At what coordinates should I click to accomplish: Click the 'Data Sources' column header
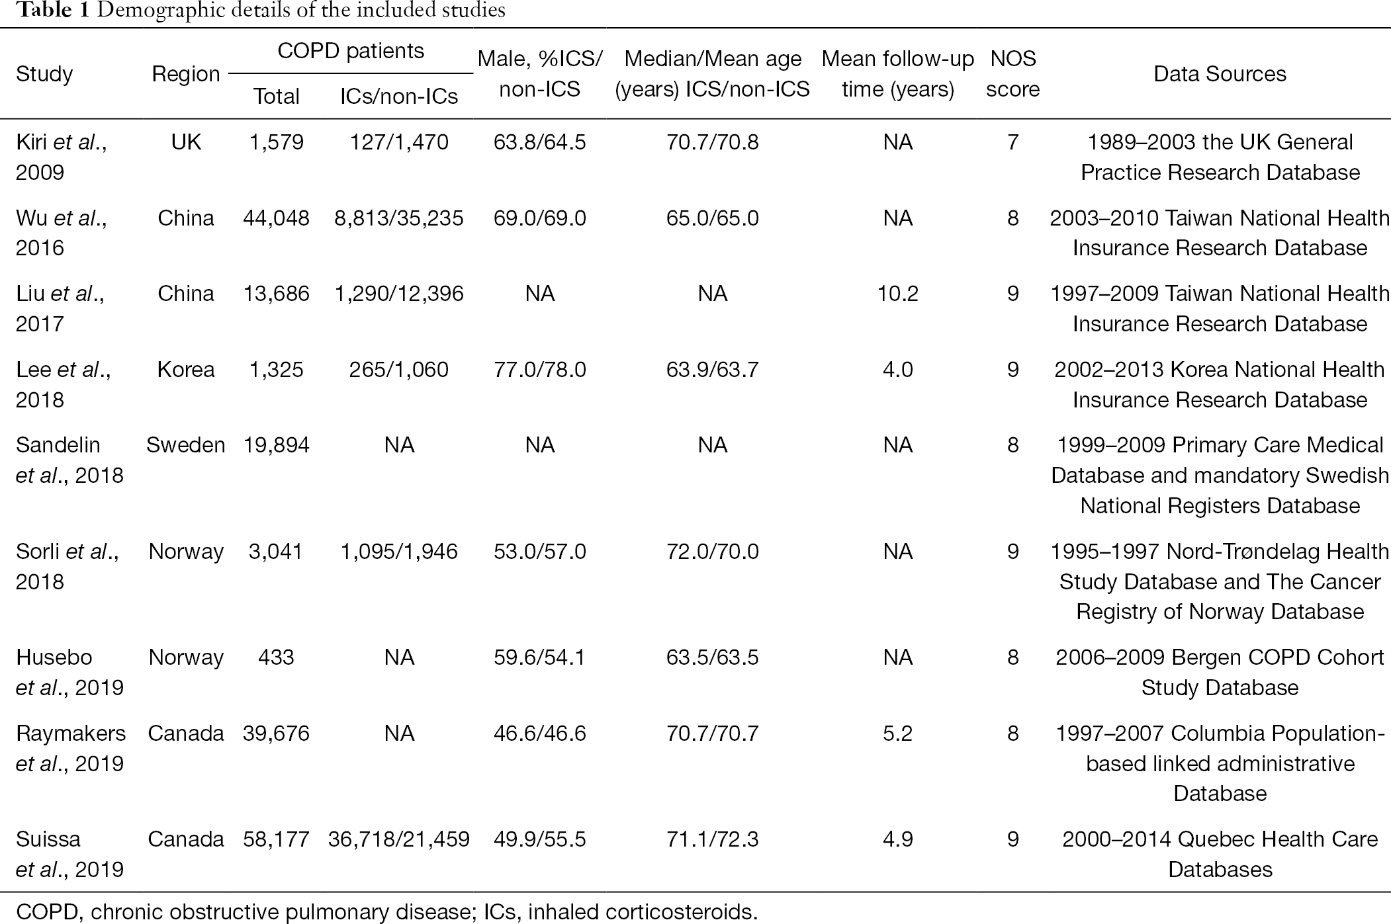click(x=1220, y=74)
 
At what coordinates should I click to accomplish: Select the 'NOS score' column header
click(x=1012, y=74)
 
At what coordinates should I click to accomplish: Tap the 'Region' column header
click(x=186, y=74)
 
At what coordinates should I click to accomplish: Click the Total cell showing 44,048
click(x=276, y=218)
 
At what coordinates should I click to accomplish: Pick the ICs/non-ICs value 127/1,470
click(x=399, y=142)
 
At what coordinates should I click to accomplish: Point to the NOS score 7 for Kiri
click(x=1012, y=142)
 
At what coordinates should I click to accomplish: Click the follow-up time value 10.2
click(x=897, y=294)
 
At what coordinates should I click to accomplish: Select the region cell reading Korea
click(x=186, y=370)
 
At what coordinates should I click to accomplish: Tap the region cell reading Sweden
click(x=186, y=445)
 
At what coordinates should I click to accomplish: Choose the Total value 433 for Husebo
click(x=276, y=657)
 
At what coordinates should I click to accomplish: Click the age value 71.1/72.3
click(x=713, y=839)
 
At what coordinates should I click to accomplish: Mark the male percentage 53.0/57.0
click(x=539, y=552)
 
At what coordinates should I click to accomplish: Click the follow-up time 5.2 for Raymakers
click(x=897, y=734)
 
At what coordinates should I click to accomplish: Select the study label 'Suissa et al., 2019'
click(x=69, y=854)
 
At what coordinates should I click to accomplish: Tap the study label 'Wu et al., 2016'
click(x=61, y=233)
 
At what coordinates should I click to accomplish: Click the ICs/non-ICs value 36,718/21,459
click(x=399, y=839)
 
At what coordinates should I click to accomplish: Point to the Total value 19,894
click(x=276, y=445)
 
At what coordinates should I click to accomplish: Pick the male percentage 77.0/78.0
click(x=539, y=370)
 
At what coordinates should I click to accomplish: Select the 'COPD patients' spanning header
click(x=351, y=51)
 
